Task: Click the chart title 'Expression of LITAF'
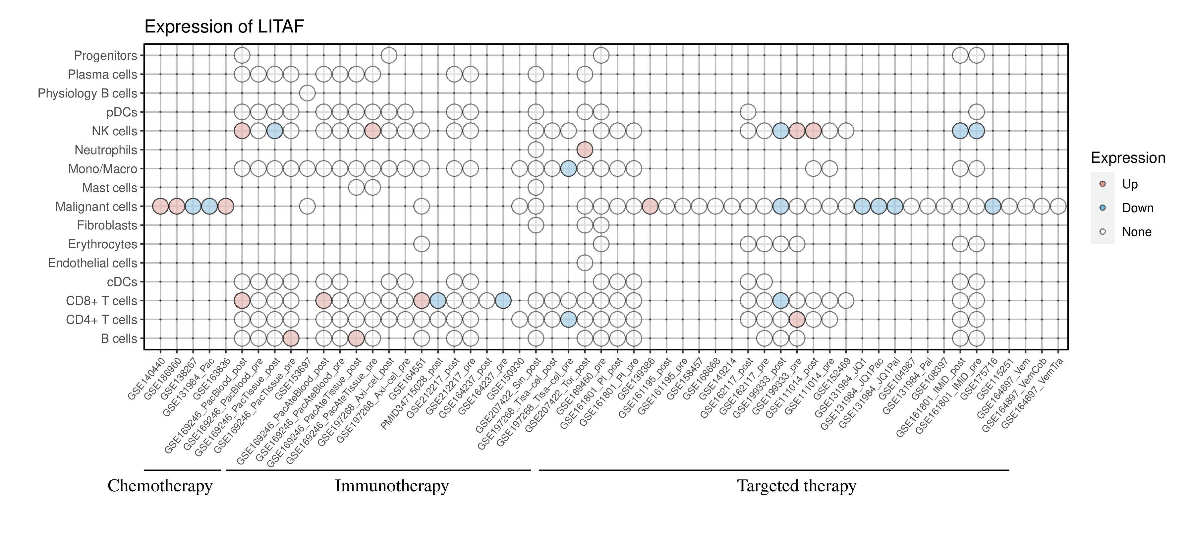coord(224,27)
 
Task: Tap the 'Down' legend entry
coord(1137,208)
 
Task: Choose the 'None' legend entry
coord(1136,232)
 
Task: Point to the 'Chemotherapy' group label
coord(160,486)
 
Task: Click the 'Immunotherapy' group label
coord(391,486)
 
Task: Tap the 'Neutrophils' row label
coord(106,150)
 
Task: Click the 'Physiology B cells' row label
coord(87,93)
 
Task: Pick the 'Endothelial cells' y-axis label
coord(93,263)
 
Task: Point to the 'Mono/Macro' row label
coord(103,169)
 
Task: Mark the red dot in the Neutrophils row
coord(585,150)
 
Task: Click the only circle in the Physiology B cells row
coord(308,93)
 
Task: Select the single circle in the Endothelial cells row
coord(585,263)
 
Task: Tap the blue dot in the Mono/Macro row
coord(568,169)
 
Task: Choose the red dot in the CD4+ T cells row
coord(797,320)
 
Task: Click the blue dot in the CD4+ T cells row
coord(568,320)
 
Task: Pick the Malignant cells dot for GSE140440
coord(160,207)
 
